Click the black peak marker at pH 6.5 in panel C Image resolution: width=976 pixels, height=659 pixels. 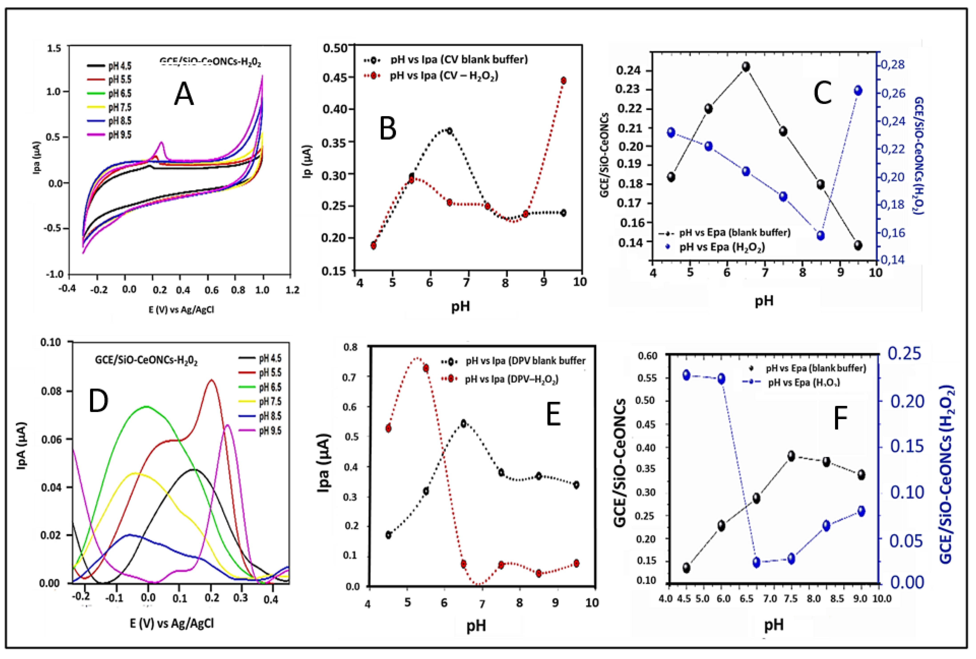tap(746, 67)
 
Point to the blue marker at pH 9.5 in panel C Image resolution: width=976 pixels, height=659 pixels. tap(858, 91)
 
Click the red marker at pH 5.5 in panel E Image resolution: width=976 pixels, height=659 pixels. tap(426, 368)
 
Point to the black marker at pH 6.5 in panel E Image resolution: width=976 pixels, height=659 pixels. tap(464, 423)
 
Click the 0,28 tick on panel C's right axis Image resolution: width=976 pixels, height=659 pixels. tap(892, 65)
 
